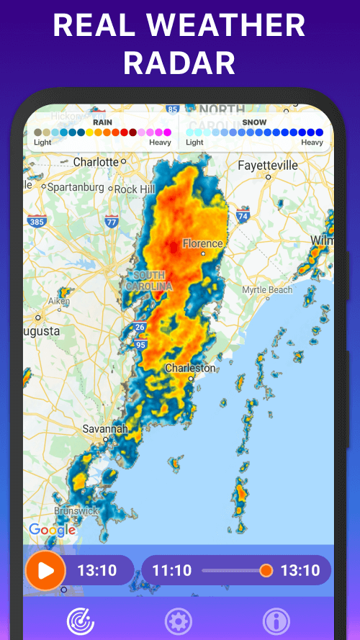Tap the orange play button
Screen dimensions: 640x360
(x=45, y=571)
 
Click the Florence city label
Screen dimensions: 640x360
(x=202, y=243)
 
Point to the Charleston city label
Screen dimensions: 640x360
(x=190, y=368)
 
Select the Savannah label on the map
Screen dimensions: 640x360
(x=104, y=428)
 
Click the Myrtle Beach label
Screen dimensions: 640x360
(x=267, y=289)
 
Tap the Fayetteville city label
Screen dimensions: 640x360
(x=267, y=165)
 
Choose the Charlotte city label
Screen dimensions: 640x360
(x=96, y=162)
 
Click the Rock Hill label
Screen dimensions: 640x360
(x=135, y=189)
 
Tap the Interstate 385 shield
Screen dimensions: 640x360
(x=36, y=221)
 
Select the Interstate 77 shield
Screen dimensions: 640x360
(x=111, y=221)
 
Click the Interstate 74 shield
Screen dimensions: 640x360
(x=243, y=215)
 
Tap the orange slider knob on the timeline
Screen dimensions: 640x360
(x=266, y=571)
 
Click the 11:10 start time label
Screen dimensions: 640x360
(x=172, y=571)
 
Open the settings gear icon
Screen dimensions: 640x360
(x=178, y=621)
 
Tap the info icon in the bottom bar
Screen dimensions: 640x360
(x=276, y=621)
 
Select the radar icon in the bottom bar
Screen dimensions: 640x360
(x=80, y=621)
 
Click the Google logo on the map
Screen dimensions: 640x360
(x=52, y=530)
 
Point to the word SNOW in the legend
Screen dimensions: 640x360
(x=254, y=122)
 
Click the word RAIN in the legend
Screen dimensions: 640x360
(x=102, y=122)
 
